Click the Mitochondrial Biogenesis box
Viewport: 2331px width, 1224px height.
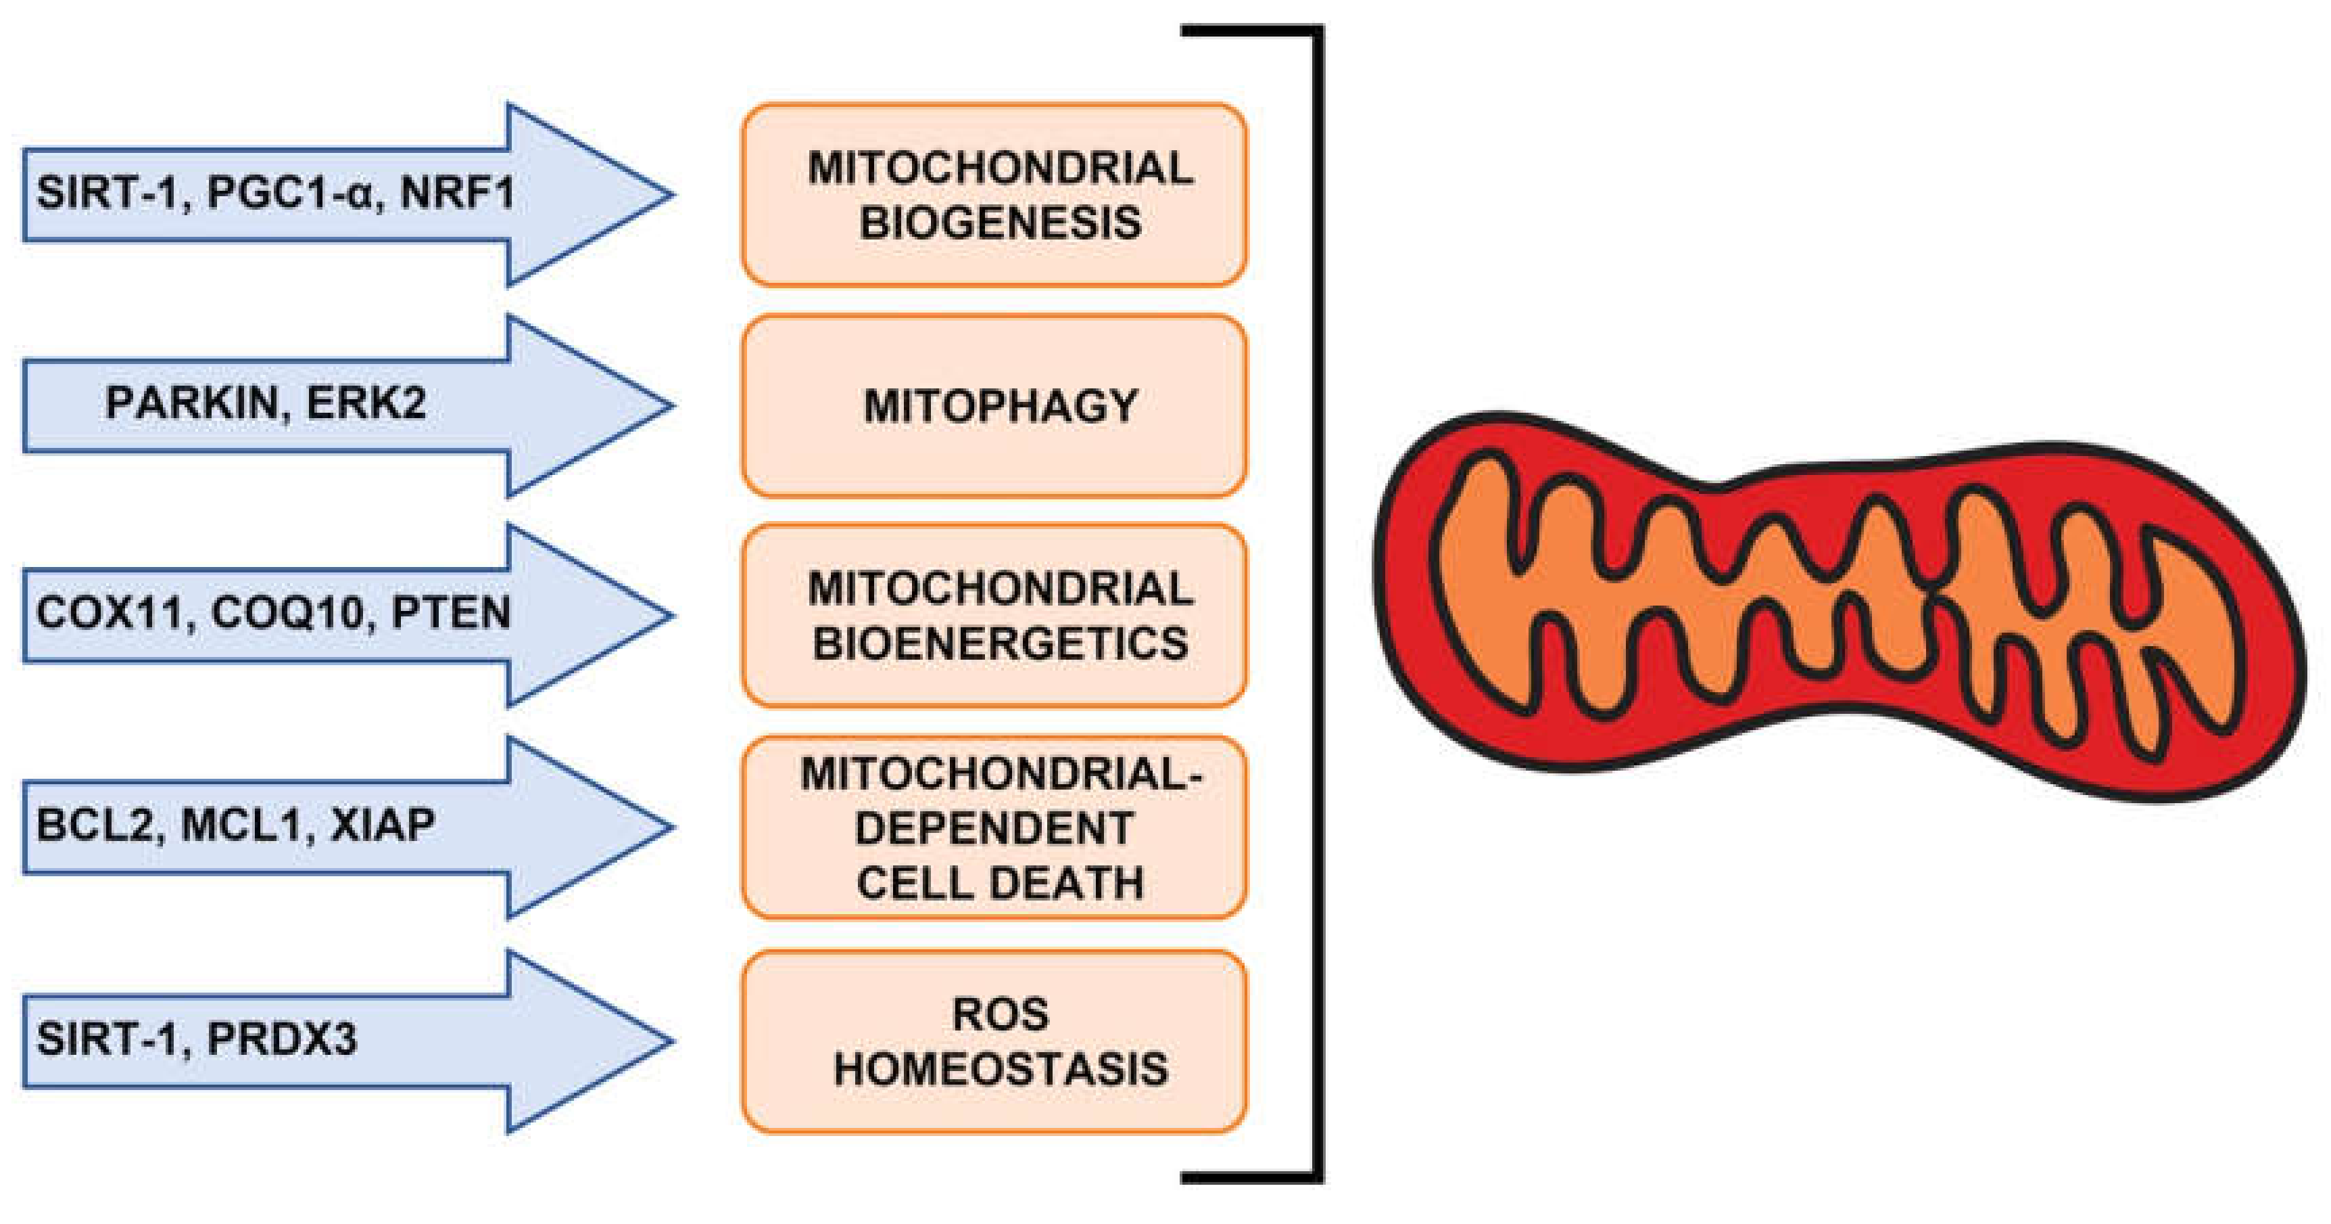(x=994, y=195)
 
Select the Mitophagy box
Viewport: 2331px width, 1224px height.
(x=994, y=405)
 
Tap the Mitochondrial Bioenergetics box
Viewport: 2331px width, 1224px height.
(x=994, y=616)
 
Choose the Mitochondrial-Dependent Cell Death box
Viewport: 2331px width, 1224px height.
(x=994, y=828)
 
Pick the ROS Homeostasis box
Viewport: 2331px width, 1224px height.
(x=994, y=1041)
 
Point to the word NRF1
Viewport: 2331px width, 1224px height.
(x=458, y=193)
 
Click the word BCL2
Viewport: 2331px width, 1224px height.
(x=96, y=825)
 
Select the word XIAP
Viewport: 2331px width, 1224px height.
(x=383, y=825)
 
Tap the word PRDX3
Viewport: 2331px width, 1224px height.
(x=283, y=1039)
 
